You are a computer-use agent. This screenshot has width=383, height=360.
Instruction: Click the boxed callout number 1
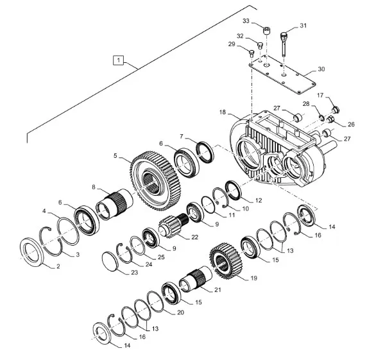(119, 60)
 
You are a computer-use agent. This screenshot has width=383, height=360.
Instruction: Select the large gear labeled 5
(156, 180)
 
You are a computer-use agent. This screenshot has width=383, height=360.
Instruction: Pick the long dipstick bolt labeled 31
(284, 44)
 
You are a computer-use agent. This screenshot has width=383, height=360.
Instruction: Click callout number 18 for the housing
(223, 112)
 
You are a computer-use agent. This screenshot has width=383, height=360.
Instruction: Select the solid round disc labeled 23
(110, 262)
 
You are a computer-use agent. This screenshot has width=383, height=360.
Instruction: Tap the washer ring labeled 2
(31, 252)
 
